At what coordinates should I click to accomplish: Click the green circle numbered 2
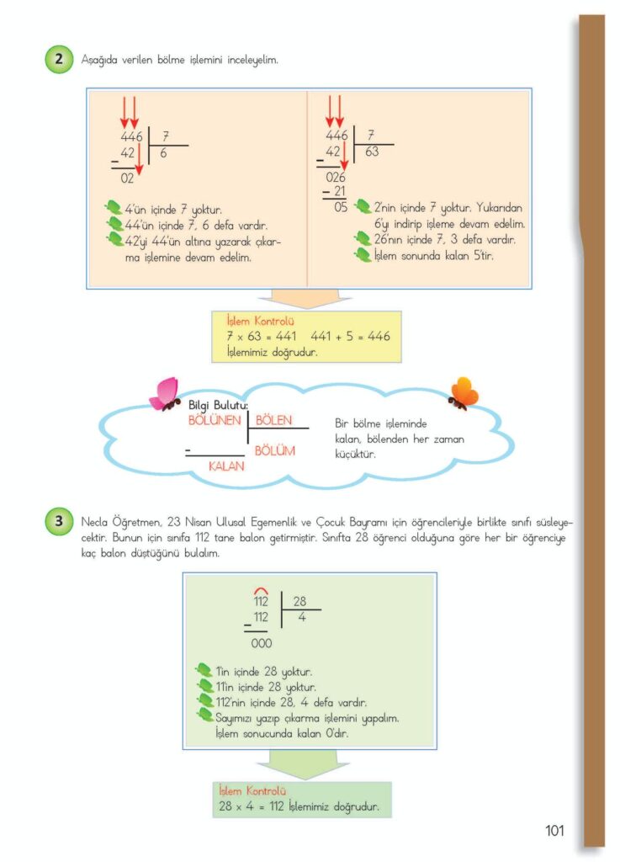tap(57, 61)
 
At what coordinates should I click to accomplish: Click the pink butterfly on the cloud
tap(165, 394)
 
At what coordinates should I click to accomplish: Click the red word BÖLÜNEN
tap(215, 419)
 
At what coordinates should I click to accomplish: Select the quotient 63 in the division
tap(372, 152)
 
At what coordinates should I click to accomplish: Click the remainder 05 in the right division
tap(341, 206)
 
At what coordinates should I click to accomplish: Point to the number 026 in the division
tap(336, 177)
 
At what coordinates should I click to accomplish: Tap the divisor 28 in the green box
tap(299, 601)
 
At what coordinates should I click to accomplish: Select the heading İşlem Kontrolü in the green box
tap(252, 791)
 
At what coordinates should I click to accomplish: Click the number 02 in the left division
tap(127, 178)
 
